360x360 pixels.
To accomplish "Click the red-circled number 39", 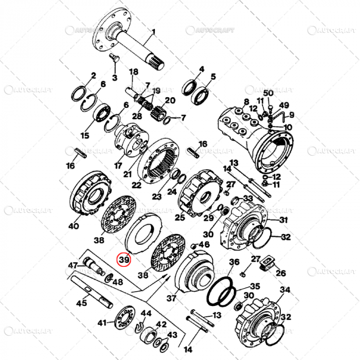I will pyautogui.click(x=124, y=260).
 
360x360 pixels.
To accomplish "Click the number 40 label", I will pyautogui.click(x=74, y=226).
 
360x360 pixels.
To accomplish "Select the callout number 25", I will pyautogui.click(x=179, y=218).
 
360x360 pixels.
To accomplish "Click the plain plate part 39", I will pyautogui.click(x=144, y=231).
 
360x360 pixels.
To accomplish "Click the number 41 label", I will pyautogui.click(x=102, y=323).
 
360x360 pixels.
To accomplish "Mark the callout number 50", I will pyautogui.click(x=268, y=93).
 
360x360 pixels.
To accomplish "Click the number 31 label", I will pyautogui.click(x=283, y=220).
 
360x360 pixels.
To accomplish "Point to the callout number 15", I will pyautogui.click(x=84, y=135).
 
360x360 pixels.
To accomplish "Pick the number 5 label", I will pyautogui.click(x=213, y=77).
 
